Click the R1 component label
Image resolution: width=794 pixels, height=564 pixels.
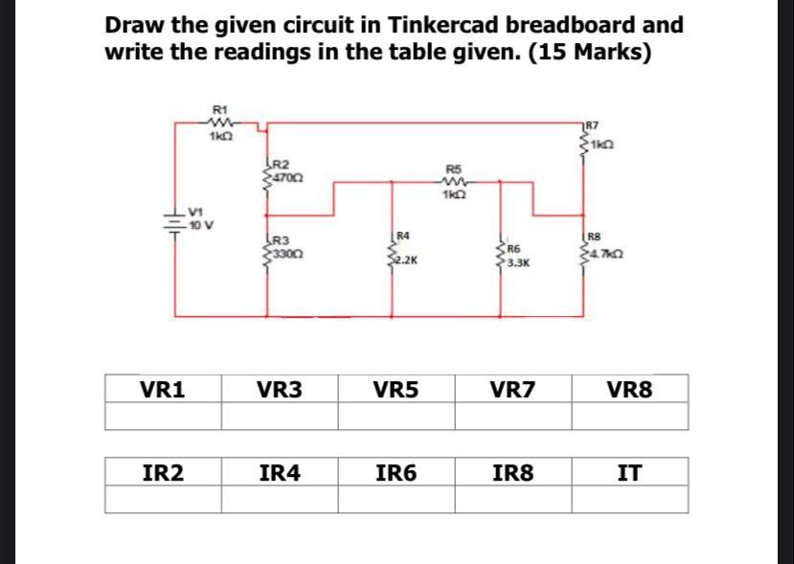[219, 109]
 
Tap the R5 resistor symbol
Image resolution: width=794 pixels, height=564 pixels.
[454, 180]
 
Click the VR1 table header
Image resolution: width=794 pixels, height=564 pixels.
[162, 389]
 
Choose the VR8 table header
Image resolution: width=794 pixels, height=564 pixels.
[629, 389]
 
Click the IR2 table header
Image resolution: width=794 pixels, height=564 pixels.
[162, 471]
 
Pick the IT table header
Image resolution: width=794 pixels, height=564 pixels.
[629, 471]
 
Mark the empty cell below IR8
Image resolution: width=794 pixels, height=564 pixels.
[512, 499]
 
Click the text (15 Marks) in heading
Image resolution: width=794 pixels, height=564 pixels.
[592, 51]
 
